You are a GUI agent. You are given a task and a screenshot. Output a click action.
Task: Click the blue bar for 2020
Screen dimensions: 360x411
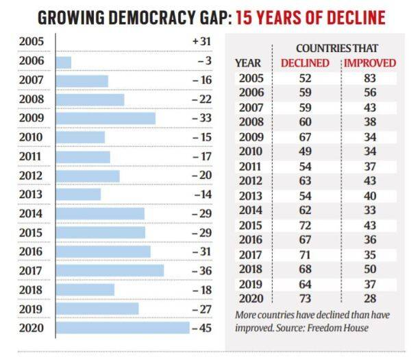[x=122, y=327]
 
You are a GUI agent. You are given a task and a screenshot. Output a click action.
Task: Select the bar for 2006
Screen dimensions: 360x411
[x=63, y=62]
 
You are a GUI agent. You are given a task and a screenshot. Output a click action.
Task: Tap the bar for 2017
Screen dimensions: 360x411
[x=110, y=270]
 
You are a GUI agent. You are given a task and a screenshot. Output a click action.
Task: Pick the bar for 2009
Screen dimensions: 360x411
[x=105, y=118]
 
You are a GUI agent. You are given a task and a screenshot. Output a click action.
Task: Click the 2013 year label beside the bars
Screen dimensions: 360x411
[x=32, y=194]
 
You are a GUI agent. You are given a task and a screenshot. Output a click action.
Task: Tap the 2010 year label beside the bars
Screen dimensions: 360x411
[x=32, y=137]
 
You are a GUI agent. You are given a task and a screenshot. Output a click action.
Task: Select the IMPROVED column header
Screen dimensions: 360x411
[x=370, y=63]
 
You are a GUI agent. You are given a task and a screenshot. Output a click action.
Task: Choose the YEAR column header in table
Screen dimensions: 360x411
[x=248, y=63]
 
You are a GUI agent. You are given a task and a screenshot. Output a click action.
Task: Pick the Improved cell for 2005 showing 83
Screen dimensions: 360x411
[x=370, y=77]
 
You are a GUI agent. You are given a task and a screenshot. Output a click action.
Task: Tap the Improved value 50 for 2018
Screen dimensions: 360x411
[x=370, y=268]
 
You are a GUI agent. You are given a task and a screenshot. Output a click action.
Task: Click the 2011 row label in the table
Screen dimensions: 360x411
[x=249, y=165]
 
